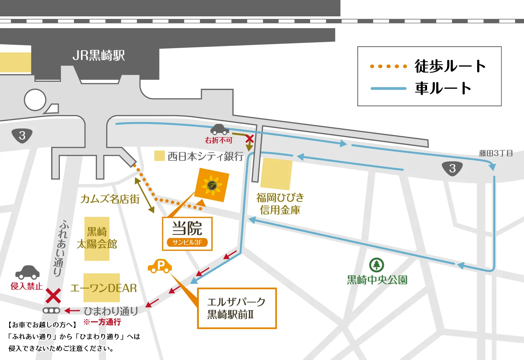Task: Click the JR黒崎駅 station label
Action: coord(99,56)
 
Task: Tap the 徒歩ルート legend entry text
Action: coord(450,66)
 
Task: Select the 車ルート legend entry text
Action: coord(443,88)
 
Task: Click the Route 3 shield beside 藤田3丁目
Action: coord(452,169)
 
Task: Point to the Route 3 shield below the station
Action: coord(22,135)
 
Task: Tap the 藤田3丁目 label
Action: coord(496,153)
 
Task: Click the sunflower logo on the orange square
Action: coord(212,186)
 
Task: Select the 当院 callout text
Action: coord(187,228)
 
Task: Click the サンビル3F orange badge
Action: coord(187,243)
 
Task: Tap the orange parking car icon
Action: coord(160,266)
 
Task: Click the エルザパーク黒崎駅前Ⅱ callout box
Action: coord(237,308)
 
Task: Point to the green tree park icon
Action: coord(377,265)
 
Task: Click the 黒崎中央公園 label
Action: coord(377,280)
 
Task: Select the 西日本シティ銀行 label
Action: coord(205,156)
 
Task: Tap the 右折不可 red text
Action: coord(218,140)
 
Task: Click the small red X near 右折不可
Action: coord(250,139)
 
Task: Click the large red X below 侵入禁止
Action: coord(53,296)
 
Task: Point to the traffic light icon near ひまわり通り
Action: coord(51,310)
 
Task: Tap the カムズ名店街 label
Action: coord(110,199)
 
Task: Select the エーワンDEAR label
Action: coord(103,288)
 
